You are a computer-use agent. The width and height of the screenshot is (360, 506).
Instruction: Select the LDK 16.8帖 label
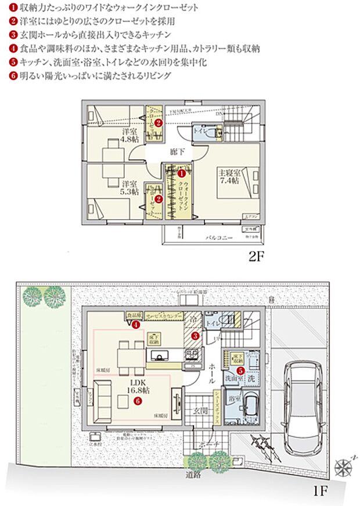coord(138,387)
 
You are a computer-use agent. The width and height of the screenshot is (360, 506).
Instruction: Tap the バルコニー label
coord(219,238)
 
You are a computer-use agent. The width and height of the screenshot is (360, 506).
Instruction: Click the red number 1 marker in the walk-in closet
coord(181,173)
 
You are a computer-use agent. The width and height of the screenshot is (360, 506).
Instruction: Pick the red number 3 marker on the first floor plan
coord(196,335)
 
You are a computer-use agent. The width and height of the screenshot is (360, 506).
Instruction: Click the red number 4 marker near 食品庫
coord(135,325)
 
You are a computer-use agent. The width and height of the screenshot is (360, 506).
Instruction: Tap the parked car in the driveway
coord(305,401)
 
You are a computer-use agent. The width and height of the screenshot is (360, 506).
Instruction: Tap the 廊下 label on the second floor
coord(178,151)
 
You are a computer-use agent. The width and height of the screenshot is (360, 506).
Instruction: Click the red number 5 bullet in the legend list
coord(13,62)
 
